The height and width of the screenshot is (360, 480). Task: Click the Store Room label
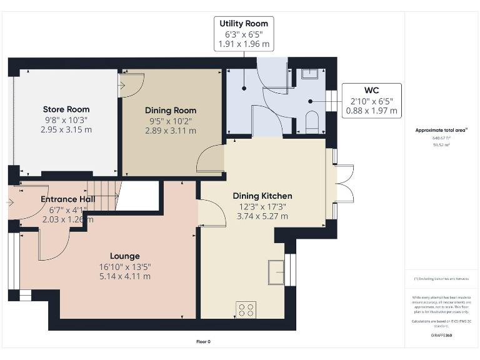tap(66, 109)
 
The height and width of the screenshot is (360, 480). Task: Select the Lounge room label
tap(125, 256)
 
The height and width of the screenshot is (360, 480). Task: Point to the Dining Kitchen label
tap(262, 196)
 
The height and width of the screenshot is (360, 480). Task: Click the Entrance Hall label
tap(67, 199)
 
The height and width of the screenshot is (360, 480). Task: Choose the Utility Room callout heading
tap(244, 24)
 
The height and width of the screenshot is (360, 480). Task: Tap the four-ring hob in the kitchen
tap(246, 309)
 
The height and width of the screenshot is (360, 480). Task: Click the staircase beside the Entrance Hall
tap(102, 194)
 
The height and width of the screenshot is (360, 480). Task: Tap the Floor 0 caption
tap(203, 341)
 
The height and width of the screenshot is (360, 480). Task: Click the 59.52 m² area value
tap(441, 144)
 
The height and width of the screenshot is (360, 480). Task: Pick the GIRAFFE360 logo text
tap(441, 336)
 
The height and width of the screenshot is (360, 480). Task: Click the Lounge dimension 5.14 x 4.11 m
tap(125, 276)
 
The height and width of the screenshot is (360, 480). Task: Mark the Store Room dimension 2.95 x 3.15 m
tap(66, 130)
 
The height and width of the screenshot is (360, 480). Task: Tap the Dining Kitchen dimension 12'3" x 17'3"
tap(262, 206)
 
